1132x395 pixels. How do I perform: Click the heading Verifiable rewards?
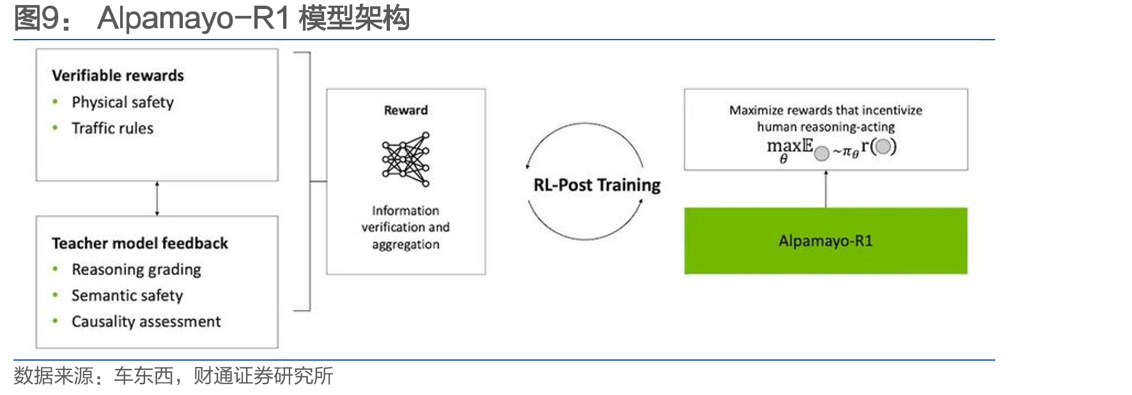click(x=118, y=75)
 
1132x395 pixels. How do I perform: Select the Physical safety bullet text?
click(x=123, y=102)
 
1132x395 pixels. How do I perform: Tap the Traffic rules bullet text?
click(x=112, y=128)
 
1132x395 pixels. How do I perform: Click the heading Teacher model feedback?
click(x=140, y=243)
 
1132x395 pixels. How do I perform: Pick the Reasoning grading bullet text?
click(x=136, y=270)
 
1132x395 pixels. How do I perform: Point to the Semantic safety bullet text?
click(x=127, y=295)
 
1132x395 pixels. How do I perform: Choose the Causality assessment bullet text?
click(x=146, y=322)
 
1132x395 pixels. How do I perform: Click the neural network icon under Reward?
click(x=406, y=159)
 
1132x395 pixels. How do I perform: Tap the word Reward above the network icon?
click(x=406, y=110)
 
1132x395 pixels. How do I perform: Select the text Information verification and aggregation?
click(x=406, y=227)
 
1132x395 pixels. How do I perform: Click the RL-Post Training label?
click(x=597, y=185)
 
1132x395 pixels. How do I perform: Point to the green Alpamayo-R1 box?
click(x=826, y=241)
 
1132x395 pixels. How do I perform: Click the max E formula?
click(x=832, y=149)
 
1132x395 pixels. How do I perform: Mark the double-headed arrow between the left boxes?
click(x=157, y=198)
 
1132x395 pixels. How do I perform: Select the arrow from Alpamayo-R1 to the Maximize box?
click(x=826, y=189)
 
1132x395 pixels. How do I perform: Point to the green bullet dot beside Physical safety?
click(x=56, y=101)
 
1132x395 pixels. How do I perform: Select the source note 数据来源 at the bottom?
click(x=173, y=376)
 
